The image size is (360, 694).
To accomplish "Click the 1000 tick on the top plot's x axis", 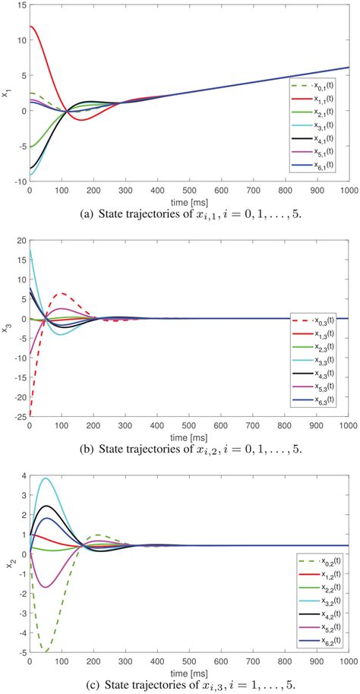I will click(346, 192).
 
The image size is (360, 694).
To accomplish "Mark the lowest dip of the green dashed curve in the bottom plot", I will click(46, 651).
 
